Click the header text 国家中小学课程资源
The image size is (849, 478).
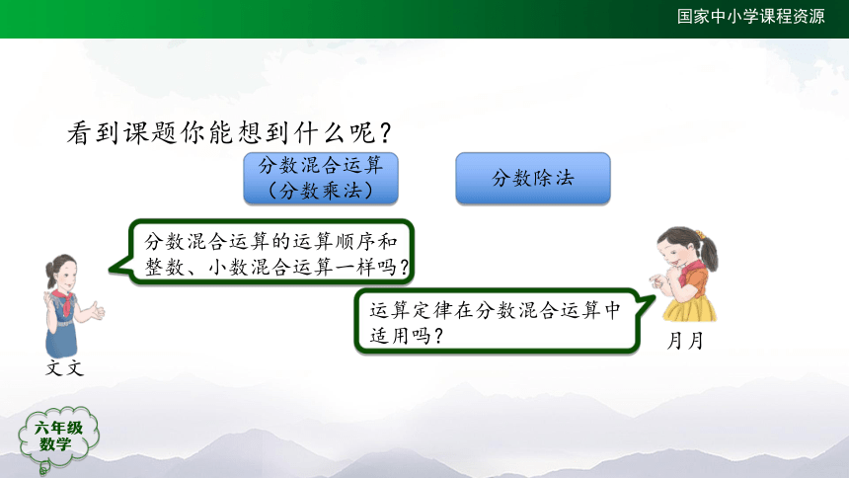click(750, 16)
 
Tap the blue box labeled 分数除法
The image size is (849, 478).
click(533, 179)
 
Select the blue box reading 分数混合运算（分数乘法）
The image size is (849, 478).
click(321, 179)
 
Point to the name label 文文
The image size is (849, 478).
click(64, 368)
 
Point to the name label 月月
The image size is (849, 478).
click(685, 341)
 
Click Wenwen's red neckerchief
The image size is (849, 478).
click(63, 301)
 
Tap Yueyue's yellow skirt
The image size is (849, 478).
click(689, 309)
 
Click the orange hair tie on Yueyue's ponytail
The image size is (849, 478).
click(700, 234)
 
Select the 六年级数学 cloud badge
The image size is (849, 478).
click(57, 438)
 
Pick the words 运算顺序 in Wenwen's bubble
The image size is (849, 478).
click(336, 241)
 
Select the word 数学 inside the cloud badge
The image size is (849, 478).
click(55, 444)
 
